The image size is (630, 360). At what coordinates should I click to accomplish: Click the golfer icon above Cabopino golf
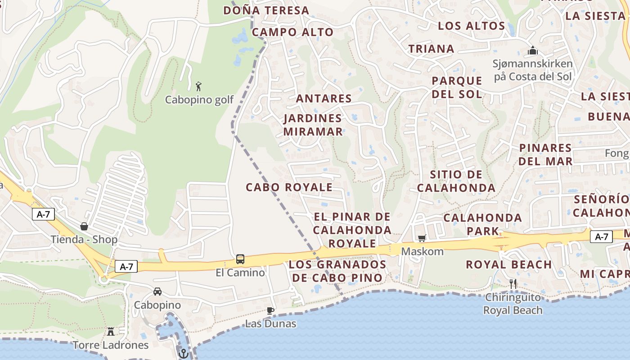[198, 86]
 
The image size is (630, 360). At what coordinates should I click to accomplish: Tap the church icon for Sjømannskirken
[533, 50]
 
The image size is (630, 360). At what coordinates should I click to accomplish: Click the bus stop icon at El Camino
[240, 259]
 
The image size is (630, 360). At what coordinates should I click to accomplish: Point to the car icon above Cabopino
[157, 292]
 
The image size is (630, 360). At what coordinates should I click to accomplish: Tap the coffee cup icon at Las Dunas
[270, 310]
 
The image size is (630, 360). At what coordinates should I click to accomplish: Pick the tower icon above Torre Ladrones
[111, 332]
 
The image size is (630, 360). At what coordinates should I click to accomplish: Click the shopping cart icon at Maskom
[422, 238]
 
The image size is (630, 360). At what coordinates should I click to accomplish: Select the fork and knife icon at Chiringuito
[513, 283]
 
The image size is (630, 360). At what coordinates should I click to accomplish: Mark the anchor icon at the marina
[183, 353]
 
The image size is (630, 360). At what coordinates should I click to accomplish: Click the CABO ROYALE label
[289, 187]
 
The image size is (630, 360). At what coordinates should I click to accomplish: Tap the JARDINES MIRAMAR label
[313, 125]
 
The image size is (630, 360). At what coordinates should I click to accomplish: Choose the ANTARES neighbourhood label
[324, 99]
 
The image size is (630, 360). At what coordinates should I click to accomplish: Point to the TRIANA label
[431, 49]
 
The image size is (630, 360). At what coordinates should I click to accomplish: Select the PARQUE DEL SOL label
[457, 87]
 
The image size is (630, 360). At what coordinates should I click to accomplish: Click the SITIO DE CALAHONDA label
[456, 181]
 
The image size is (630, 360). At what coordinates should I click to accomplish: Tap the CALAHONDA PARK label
[482, 224]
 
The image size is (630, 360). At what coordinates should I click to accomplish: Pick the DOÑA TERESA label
[266, 10]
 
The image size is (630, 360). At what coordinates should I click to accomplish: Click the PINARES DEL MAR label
[545, 154]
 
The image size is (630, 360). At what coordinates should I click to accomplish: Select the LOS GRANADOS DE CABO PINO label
[337, 271]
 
